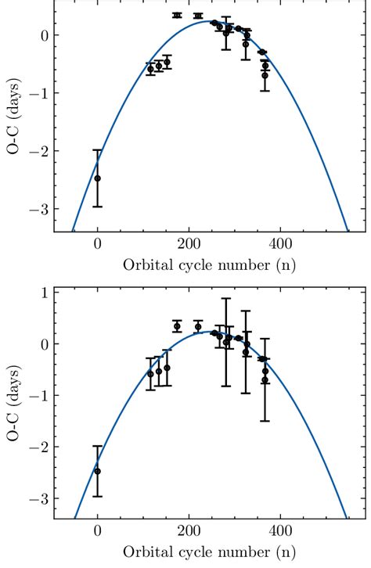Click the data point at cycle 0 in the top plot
[x=97, y=178]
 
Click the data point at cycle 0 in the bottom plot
[x=97, y=471]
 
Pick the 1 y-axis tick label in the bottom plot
[x=44, y=293]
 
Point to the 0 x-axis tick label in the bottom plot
[x=97, y=530]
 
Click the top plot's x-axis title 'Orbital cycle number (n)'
[x=209, y=264]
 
